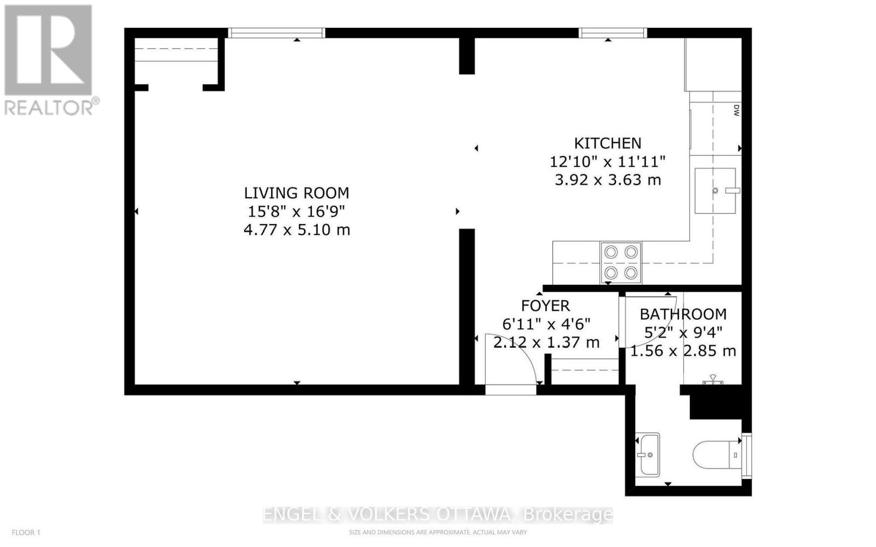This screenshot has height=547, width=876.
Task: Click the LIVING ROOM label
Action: pyautogui.click(x=296, y=193)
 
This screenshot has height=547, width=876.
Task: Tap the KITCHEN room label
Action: pyautogui.click(x=608, y=143)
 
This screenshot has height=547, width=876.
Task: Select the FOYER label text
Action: pyautogui.click(x=545, y=306)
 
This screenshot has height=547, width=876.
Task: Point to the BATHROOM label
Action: pyautogui.click(x=683, y=314)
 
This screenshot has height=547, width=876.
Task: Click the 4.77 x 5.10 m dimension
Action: pyautogui.click(x=296, y=229)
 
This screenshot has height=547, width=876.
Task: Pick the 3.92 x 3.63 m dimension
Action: pyautogui.click(x=608, y=180)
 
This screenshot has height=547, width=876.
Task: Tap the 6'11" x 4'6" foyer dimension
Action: pyautogui.click(x=546, y=324)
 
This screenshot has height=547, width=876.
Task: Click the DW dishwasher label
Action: pyautogui.click(x=736, y=110)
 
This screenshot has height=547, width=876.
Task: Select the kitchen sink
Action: pyautogui.click(x=715, y=191)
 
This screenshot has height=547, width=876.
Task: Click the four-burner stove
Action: pyautogui.click(x=621, y=263)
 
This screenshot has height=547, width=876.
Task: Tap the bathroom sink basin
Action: pyautogui.click(x=648, y=454)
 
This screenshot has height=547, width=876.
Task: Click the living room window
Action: pyautogui.click(x=276, y=33)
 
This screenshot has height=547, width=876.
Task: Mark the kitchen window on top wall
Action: pyautogui.click(x=613, y=33)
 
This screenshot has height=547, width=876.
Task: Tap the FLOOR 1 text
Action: pyautogui.click(x=26, y=533)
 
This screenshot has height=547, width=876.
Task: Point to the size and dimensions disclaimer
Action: pyautogui.click(x=437, y=533)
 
